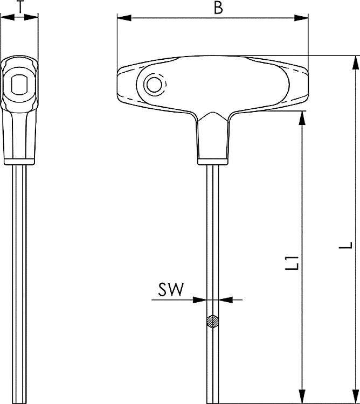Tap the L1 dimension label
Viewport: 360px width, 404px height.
click(293, 262)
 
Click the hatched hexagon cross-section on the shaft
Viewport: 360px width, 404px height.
click(213, 321)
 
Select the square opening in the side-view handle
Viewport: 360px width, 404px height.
click(19, 85)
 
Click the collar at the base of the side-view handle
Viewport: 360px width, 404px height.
click(19, 161)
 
